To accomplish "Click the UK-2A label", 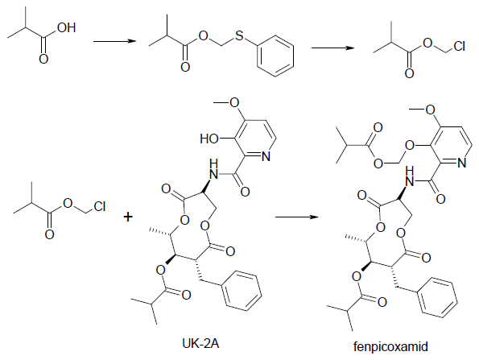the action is (x=200, y=344).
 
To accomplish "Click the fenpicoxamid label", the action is (x=390, y=346).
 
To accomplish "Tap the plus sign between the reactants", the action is (x=128, y=217).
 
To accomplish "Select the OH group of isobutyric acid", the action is (x=66, y=28).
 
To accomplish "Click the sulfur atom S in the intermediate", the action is (x=240, y=35).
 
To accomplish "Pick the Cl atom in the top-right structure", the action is (x=459, y=46).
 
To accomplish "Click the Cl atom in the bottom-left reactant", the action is (x=100, y=206).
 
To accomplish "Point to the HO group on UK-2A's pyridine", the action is (x=209, y=139).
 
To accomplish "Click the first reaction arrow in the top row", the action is (x=114, y=41).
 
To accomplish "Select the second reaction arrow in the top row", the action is (x=333, y=48).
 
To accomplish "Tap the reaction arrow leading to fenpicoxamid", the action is (x=297, y=217).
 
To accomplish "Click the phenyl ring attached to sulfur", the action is (x=275, y=56).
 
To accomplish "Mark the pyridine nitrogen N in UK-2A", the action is (x=266, y=156).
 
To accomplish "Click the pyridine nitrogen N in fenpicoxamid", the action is (x=461, y=163).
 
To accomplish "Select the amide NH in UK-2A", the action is (x=213, y=169).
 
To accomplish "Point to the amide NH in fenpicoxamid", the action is (x=409, y=176).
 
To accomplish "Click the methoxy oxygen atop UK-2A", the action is (x=234, y=102).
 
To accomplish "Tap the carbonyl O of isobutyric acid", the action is (x=43, y=59).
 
